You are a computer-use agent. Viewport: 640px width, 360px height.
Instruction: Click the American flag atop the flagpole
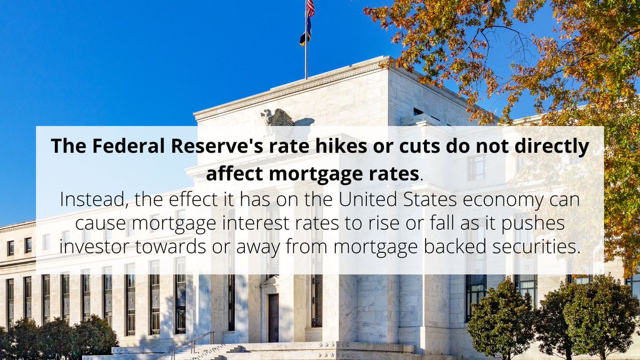coord(310,8)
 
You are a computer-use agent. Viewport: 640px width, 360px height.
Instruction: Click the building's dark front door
coord(273,318)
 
